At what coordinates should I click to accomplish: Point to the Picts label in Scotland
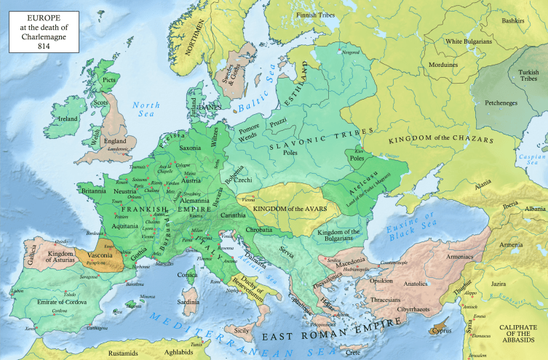click(109, 80)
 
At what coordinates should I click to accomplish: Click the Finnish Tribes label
click(321, 15)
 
